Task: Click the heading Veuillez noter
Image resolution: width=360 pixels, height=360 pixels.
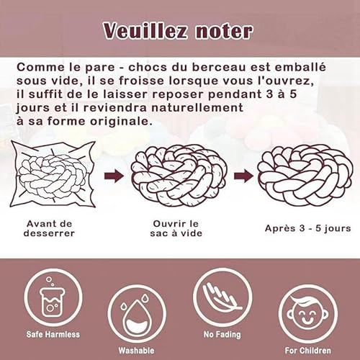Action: click(178, 31)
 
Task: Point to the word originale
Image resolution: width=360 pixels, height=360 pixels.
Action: click(108, 121)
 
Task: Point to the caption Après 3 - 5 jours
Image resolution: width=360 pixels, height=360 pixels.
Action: click(307, 228)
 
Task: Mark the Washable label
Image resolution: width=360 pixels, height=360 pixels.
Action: click(136, 351)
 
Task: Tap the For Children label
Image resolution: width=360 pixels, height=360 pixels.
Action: click(308, 351)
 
